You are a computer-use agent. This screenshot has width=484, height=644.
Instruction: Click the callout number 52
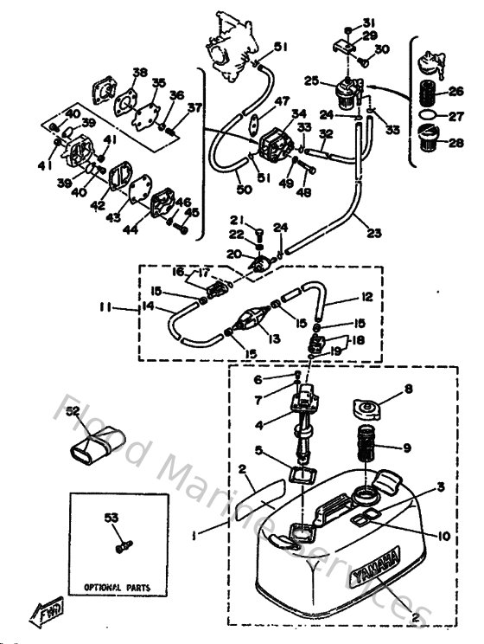(x=73, y=411)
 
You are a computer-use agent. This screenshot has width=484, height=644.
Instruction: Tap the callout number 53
(x=111, y=518)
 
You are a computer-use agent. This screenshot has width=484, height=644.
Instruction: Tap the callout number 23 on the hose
(x=373, y=231)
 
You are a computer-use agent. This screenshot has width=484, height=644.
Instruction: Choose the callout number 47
(x=258, y=102)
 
